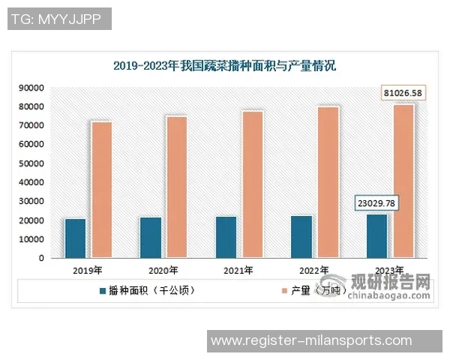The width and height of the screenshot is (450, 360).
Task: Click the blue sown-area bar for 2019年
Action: tap(75, 238)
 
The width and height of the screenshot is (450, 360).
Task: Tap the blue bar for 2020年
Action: tap(150, 237)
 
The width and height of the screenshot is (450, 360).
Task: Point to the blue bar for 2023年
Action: tap(376, 235)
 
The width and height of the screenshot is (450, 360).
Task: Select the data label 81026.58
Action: tap(403, 93)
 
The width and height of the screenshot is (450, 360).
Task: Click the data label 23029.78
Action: tap(376, 203)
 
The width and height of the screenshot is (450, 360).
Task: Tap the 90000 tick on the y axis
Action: tap(33, 88)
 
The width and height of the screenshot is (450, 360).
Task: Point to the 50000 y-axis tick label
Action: tap(33, 163)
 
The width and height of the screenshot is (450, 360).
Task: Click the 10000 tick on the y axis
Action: tap(33, 239)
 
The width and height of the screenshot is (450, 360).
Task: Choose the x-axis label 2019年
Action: tap(88, 270)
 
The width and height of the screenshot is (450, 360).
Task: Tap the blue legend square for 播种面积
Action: tap(102, 289)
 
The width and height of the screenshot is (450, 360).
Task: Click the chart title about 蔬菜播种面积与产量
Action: tap(225, 66)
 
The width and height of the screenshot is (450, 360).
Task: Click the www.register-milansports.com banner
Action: tap(311, 340)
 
